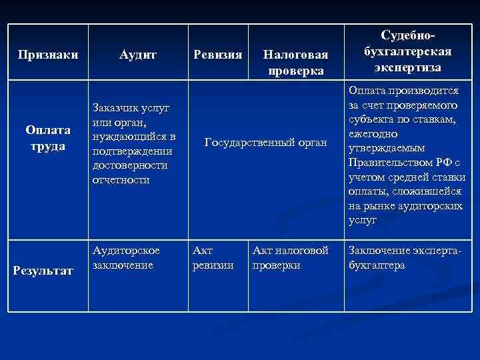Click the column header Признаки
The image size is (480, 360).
coord(48,54)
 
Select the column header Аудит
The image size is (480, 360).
coord(139,54)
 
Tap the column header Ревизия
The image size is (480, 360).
coord(217,54)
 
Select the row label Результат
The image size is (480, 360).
coord(48,271)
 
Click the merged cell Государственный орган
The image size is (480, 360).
coord(266,142)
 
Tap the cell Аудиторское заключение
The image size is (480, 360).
coord(127,257)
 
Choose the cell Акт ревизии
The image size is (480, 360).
coord(213,257)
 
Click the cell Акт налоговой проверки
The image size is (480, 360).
coord(290,257)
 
